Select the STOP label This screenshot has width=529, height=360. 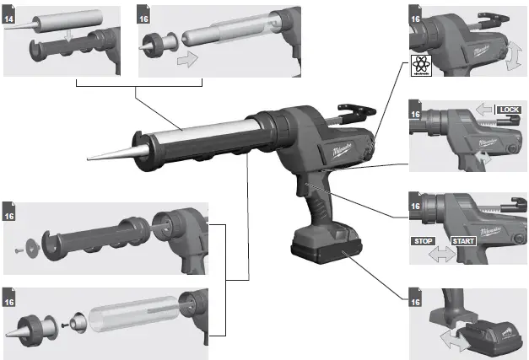(424, 240)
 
